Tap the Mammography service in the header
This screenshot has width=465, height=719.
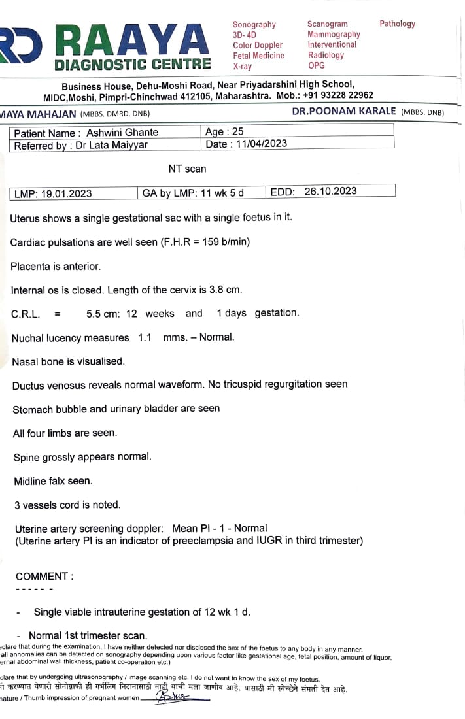coord(334,34)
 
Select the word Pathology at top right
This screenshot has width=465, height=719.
coord(397,24)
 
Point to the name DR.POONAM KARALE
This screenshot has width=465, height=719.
coord(344,111)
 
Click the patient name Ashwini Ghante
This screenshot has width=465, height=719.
coord(122,133)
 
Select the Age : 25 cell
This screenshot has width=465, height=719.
coord(224,132)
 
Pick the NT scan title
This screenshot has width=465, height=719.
coord(187,169)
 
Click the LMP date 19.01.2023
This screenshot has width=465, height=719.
coord(66,193)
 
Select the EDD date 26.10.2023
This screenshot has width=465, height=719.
coord(330,192)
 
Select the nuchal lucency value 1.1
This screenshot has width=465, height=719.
coord(145,338)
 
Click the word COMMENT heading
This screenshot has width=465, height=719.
coord(44,577)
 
